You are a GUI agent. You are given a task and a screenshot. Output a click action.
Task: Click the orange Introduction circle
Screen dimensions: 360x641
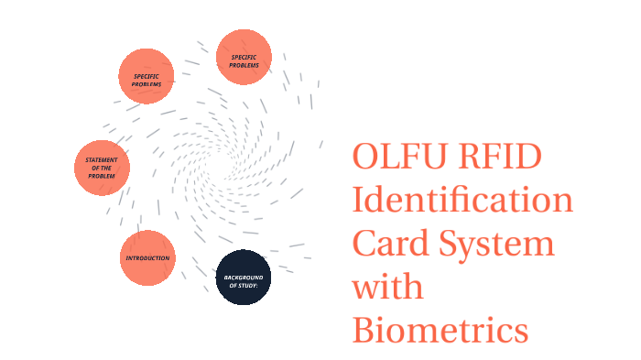(x=147, y=257)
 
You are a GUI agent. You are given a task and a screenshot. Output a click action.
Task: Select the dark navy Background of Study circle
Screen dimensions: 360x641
(x=244, y=278)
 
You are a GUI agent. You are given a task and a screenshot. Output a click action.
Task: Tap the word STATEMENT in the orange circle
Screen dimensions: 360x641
(x=102, y=160)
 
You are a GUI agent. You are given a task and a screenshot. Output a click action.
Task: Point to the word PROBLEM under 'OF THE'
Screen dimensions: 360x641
(x=102, y=176)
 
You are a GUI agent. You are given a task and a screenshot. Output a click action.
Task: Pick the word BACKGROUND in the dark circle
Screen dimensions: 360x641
(x=244, y=277)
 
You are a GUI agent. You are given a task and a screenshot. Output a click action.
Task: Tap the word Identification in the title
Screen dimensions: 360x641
(x=462, y=200)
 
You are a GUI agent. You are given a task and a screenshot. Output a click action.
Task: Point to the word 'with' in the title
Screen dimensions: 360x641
(x=387, y=287)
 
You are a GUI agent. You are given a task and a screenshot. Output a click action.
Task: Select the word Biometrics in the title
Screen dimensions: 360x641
(x=440, y=329)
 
